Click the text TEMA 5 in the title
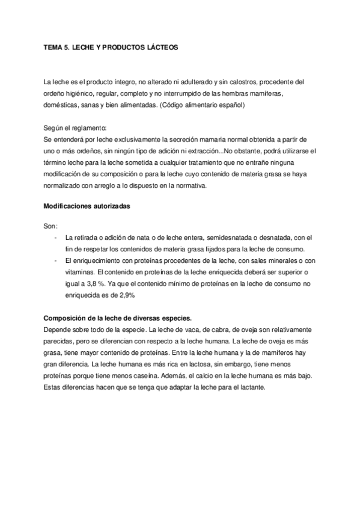click(56, 46)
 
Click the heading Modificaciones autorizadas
click(87, 206)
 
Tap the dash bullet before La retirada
click(56, 238)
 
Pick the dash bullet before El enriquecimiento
click(56, 261)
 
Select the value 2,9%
click(124, 295)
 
